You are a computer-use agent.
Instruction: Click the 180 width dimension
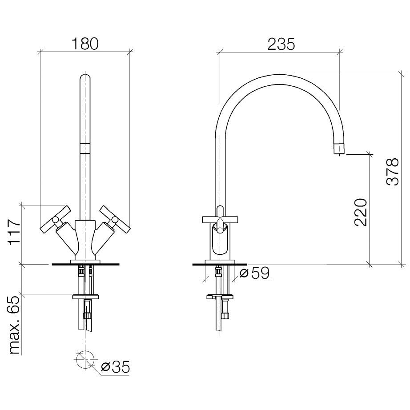point(85,44)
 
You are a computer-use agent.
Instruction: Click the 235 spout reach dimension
point(281,44)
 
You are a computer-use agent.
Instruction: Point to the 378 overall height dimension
point(393,172)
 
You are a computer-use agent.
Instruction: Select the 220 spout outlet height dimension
point(361,212)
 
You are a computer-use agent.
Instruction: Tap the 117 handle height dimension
point(15,232)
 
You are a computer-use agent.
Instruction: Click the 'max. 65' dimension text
point(15,326)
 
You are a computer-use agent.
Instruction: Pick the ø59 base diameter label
point(254,273)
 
